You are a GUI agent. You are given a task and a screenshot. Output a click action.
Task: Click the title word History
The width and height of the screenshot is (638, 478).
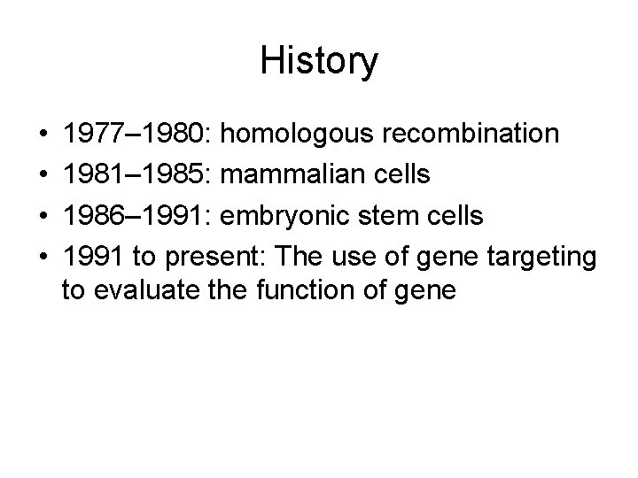[319, 62]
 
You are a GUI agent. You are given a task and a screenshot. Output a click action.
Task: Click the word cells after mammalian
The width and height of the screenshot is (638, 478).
[402, 173]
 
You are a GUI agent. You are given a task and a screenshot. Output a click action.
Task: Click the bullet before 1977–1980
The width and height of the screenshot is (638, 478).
[44, 135]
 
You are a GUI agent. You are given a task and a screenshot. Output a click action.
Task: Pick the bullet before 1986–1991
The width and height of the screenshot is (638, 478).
[44, 213]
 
